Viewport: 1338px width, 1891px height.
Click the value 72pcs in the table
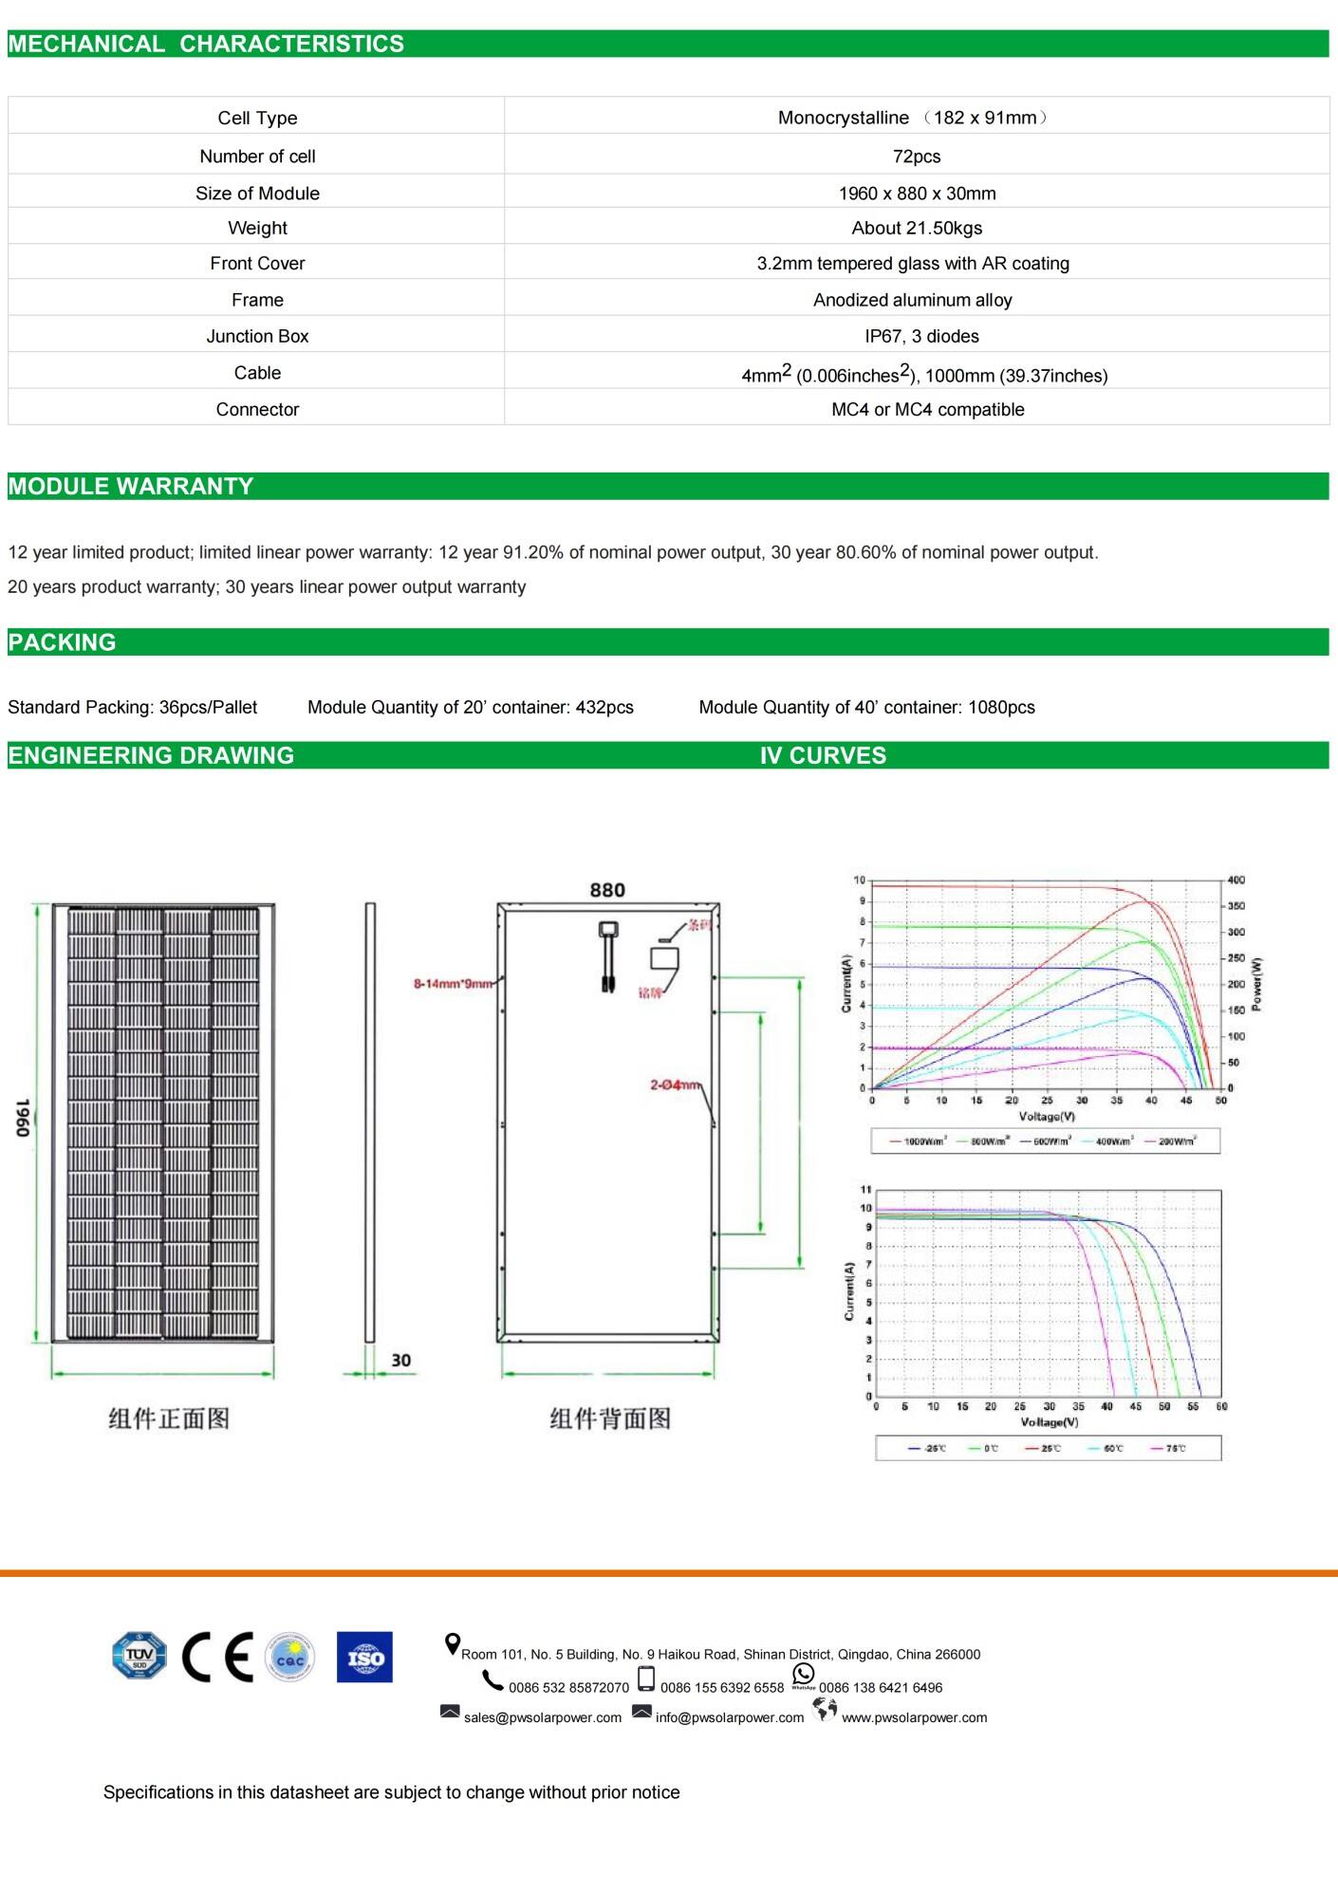(916, 157)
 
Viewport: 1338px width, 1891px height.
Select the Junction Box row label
(257, 336)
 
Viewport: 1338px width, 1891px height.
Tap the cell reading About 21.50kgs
(916, 228)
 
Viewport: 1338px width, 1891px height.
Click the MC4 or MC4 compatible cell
(927, 409)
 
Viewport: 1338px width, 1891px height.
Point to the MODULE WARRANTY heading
(131, 486)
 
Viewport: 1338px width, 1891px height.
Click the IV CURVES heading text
(822, 755)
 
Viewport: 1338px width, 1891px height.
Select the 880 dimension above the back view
(607, 890)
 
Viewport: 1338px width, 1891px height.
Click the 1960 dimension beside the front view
(23, 1119)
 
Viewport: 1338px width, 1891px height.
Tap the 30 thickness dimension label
(400, 1360)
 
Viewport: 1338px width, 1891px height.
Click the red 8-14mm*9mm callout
(453, 984)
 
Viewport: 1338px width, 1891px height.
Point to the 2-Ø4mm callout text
(675, 1085)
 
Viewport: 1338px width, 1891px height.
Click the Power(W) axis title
(1256, 984)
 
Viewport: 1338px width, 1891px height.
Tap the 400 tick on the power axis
(1236, 880)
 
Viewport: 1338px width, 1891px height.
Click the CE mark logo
(217, 1657)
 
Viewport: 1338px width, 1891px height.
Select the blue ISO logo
(364, 1657)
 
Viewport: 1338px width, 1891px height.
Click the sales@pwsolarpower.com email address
(542, 1717)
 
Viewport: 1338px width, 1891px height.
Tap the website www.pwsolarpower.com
(914, 1717)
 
